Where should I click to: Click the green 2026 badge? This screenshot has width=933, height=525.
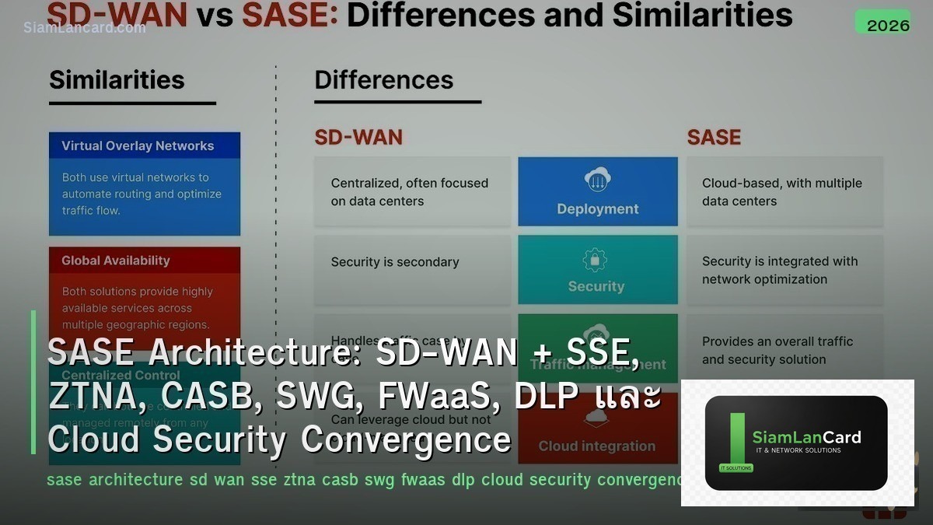click(882, 23)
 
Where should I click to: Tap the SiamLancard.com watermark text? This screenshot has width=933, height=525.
click(84, 27)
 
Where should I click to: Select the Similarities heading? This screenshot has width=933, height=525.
click(117, 80)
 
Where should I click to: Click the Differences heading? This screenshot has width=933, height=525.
click(383, 80)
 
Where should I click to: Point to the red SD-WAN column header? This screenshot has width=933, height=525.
click(358, 138)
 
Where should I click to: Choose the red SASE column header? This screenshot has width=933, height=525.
click(714, 138)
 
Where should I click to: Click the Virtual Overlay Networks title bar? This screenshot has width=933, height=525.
click(145, 145)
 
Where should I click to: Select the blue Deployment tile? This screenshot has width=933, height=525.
click(597, 191)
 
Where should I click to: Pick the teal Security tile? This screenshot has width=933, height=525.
click(597, 269)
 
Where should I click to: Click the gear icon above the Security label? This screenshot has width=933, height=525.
click(596, 259)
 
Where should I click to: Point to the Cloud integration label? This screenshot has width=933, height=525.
click(597, 446)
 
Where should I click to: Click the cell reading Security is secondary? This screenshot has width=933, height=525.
click(412, 262)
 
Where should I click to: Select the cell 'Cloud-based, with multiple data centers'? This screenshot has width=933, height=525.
click(784, 192)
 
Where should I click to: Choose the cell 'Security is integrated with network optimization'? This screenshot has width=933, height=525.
click(784, 270)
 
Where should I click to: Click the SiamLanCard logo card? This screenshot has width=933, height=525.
click(796, 443)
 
